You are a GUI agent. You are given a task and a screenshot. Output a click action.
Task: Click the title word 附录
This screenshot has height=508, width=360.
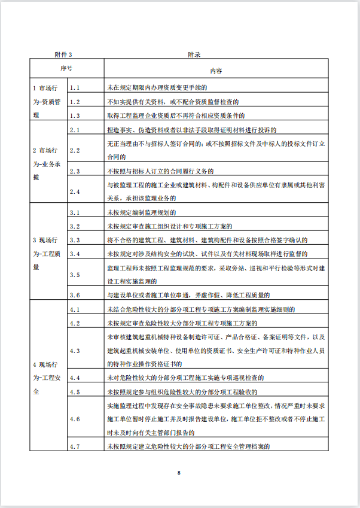193,54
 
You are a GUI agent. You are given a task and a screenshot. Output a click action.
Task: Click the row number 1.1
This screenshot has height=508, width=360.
75,87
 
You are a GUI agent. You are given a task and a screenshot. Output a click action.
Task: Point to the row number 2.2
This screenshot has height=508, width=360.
75,150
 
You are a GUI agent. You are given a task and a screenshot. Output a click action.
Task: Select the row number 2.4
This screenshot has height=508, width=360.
75,191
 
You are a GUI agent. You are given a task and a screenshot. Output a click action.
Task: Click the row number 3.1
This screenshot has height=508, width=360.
75,212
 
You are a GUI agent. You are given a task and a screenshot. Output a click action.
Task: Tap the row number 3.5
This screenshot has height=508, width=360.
75,275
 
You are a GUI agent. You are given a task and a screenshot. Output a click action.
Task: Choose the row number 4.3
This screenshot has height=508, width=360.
75,350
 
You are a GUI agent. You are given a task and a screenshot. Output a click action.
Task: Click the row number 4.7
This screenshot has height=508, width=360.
75,446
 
